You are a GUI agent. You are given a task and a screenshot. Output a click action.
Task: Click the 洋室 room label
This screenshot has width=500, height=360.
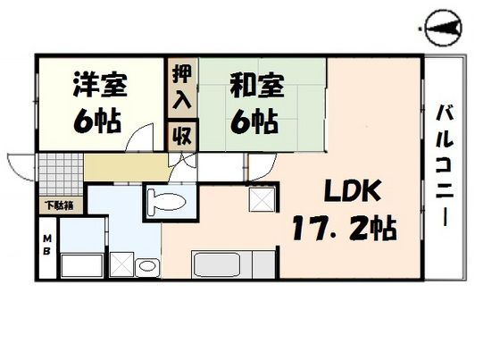(100, 86)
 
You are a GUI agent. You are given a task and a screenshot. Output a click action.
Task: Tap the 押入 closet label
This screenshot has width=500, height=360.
(181, 87)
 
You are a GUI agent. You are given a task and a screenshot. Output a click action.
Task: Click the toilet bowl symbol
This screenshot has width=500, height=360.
(165, 202)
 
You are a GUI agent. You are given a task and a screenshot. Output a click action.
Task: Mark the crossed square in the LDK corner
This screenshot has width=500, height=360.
(262, 201)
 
